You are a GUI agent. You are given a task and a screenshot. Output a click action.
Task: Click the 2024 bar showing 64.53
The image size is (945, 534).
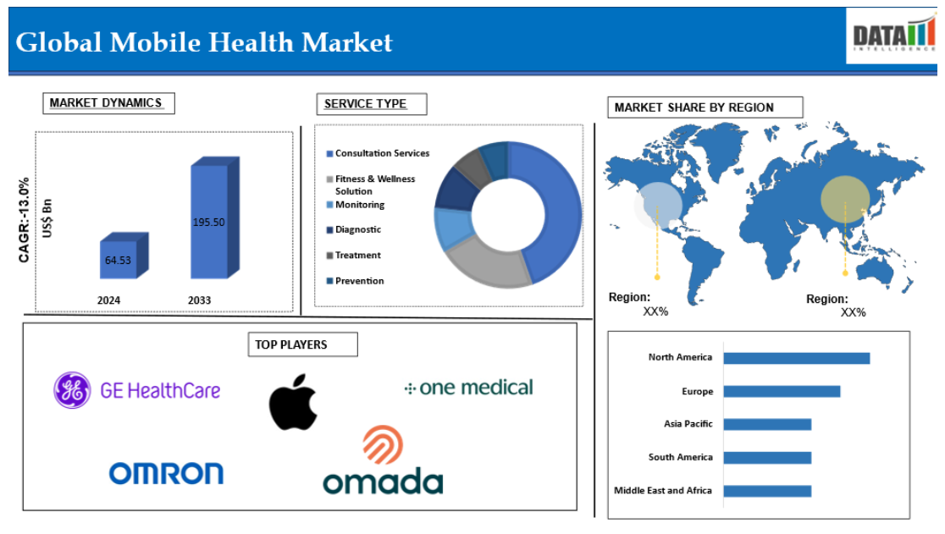pos(124,256)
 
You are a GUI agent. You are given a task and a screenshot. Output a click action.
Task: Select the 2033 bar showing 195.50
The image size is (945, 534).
pos(214,218)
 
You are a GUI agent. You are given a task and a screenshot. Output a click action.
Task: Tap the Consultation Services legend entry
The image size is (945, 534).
pos(378,153)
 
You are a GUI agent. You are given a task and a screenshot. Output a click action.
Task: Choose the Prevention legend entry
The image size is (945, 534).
pos(355,281)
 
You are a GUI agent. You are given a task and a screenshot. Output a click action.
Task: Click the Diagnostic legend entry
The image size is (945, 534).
pos(354,229)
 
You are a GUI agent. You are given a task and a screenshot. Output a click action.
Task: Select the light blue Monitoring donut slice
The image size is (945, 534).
pos(453,228)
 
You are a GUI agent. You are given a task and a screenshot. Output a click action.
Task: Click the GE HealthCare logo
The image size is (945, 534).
pos(137,390)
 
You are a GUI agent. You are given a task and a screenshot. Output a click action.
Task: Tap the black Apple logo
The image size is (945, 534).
pos(293,401)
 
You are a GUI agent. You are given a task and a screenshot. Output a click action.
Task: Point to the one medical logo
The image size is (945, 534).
pos(468,388)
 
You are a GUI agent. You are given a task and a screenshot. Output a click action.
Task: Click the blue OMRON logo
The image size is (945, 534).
pos(166,473)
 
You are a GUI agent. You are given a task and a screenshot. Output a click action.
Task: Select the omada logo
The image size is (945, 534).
pos(384,460)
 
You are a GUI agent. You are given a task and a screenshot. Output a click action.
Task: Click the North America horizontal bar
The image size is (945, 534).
pos(797,358)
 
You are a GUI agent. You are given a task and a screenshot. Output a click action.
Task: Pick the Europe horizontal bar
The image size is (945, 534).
pos(782,391)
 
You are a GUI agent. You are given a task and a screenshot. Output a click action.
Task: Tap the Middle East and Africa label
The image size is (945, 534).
pos(663,491)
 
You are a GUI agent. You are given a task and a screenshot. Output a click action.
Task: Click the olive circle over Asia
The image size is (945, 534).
pos(846,199)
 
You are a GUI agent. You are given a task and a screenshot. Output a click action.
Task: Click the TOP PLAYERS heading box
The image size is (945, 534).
pos(302,344)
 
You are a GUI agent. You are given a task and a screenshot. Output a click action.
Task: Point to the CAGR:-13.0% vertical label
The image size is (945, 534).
pos(24,220)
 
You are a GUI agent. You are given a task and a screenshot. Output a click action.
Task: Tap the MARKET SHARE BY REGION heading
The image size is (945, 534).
pos(705,107)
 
